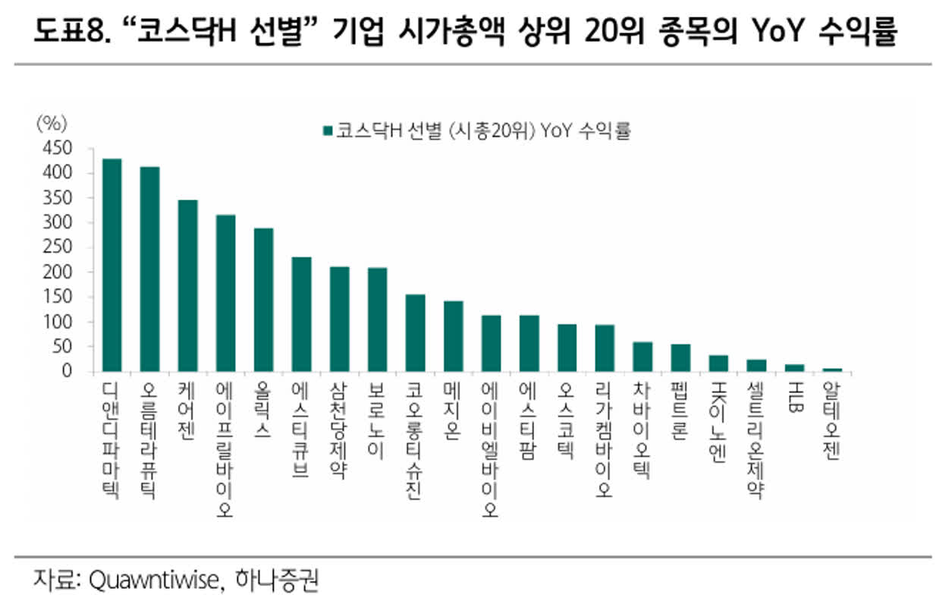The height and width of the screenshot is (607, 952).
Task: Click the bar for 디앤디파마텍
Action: point(112,266)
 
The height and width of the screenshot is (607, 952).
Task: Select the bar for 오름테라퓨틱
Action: point(149,269)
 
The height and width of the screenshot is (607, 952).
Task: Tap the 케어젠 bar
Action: point(187,286)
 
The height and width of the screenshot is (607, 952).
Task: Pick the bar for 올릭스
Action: point(263,300)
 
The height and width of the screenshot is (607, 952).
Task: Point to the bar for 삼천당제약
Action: point(339,319)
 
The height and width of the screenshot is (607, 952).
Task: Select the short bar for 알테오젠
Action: point(832,370)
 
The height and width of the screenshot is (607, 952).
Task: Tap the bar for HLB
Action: point(794,368)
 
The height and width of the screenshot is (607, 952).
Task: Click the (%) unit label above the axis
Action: point(52,123)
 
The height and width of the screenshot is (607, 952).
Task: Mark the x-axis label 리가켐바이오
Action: point(605,440)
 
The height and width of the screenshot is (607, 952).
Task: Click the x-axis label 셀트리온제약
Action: point(756,441)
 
